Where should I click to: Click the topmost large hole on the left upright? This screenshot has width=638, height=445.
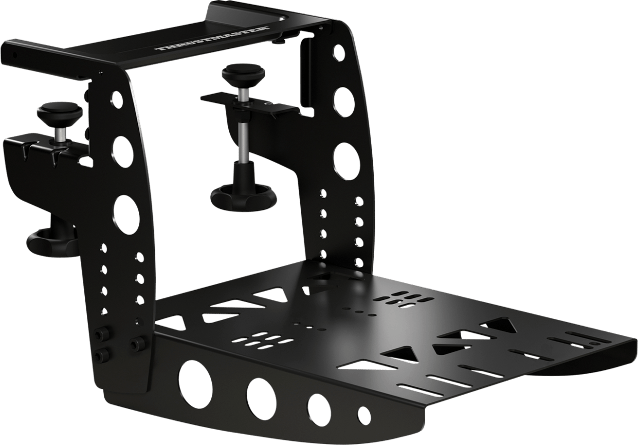tap(117, 99)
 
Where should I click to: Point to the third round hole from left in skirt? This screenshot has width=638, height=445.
tap(319, 406)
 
